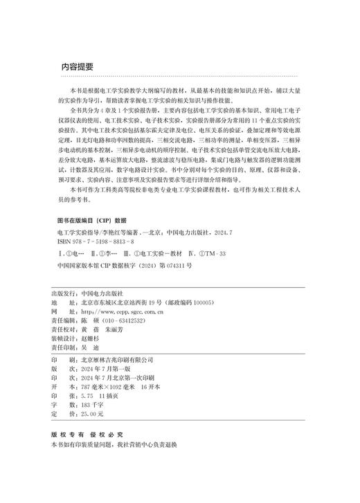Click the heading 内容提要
point(78,67)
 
